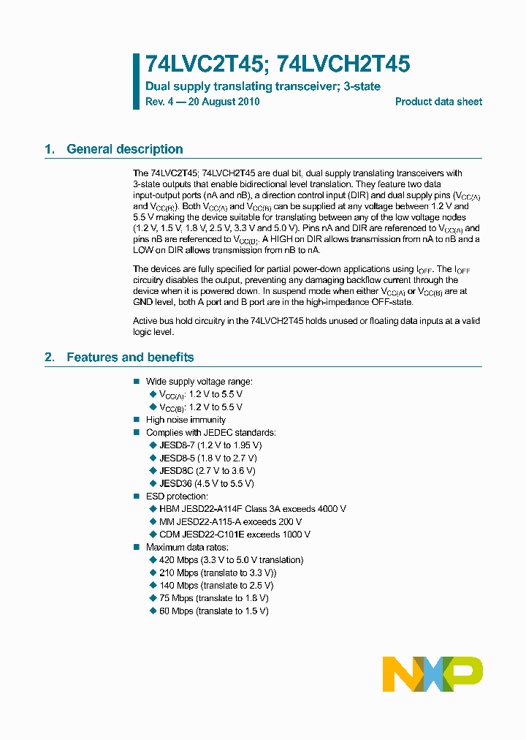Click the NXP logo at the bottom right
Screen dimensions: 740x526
(432, 673)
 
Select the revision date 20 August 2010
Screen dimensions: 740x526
(224, 102)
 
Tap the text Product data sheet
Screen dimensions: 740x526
(438, 102)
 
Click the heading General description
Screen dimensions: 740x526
(124, 149)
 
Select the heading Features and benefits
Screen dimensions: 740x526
(130, 357)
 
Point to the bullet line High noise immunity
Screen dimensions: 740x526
(186, 420)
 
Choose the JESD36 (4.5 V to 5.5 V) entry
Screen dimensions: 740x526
(207, 483)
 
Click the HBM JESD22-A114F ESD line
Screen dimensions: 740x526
(252, 508)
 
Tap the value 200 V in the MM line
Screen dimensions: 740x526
(289, 521)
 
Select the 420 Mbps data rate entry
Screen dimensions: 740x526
(231, 559)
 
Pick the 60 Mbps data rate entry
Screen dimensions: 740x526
(213, 611)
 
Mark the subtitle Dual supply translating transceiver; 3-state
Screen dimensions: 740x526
(263, 86)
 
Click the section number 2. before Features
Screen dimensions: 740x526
(50, 357)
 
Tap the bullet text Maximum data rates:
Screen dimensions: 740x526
(187, 547)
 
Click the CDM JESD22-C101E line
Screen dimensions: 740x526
(235, 534)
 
